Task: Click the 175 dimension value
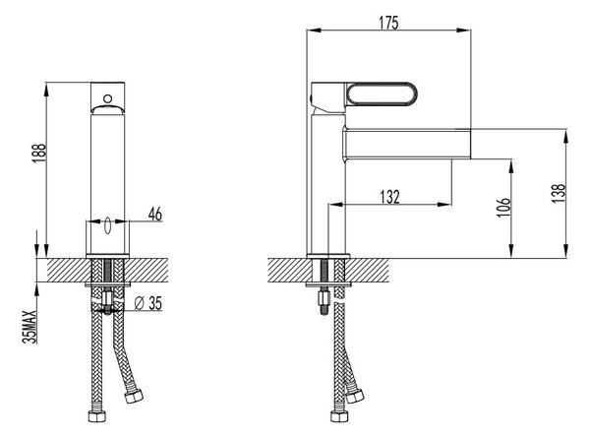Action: pyautogui.click(x=388, y=23)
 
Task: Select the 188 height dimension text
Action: pyautogui.click(x=39, y=154)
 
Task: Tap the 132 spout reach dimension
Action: pyautogui.click(x=389, y=197)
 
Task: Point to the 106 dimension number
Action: pyautogui.click(x=503, y=207)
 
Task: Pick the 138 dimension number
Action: pyautogui.click(x=559, y=193)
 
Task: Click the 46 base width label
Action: pyautogui.click(x=155, y=214)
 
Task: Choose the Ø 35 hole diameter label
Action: pyautogui.click(x=148, y=303)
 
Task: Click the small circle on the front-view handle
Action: pyautogui.click(x=107, y=99)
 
